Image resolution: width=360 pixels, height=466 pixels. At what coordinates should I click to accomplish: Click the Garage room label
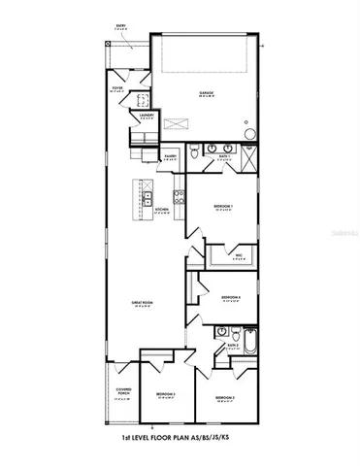pyautogui.click(x=208, y=93)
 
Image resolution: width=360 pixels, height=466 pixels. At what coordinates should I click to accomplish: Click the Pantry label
pyautogui.click(x=170, y=154)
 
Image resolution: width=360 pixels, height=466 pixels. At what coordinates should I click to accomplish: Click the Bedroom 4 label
pyautogui.click(x=230, y=297)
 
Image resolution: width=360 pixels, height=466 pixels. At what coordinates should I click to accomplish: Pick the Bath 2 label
pyautogui.click(x=232, y=345)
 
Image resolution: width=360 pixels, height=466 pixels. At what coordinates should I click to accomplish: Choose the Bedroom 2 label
pyautogui.click(x=165, y=393)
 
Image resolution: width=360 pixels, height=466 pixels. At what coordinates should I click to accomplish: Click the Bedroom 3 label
pyautogui.click(x=225, y=398)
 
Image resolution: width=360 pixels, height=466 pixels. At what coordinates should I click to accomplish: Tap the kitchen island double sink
pyautogui.click(x=147, y=202)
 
